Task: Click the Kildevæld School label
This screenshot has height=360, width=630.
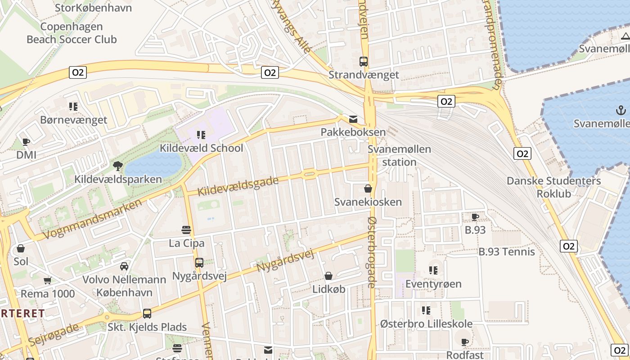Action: click(x=201, y=148)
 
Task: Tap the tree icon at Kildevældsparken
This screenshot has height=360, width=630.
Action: click(x=118, y=166)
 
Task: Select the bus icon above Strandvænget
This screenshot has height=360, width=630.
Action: click(x=364, y=62)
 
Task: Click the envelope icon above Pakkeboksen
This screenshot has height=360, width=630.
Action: click(x=353, y=119)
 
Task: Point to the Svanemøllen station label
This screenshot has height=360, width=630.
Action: click(x=399, y=155)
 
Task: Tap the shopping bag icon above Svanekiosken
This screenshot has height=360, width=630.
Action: click(x=368, y=189)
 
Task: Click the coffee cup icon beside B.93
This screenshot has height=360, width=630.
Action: click(x=475, y=217)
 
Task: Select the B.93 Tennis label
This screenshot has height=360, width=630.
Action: click(x=506, y=252)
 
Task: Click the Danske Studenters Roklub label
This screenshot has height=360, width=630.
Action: click(x=553, y=187)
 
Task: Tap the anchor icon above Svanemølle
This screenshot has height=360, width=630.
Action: click(x=621, y=110)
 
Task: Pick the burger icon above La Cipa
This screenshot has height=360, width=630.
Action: click(x=186, y=230)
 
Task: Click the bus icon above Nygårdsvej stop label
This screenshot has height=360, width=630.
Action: click(x=199, y=262)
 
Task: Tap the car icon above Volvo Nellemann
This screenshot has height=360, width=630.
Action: click(x=124, y=266)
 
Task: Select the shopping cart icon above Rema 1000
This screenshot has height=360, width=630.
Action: click(x=47, y=280)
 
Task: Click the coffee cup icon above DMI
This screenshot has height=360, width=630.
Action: click(x=26, y=142)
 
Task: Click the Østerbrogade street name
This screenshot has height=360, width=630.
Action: click(x=372, y=252)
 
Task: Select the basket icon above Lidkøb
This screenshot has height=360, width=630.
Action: click(x=328, y=276)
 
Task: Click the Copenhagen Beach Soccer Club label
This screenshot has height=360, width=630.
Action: click(x=72, y=33)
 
